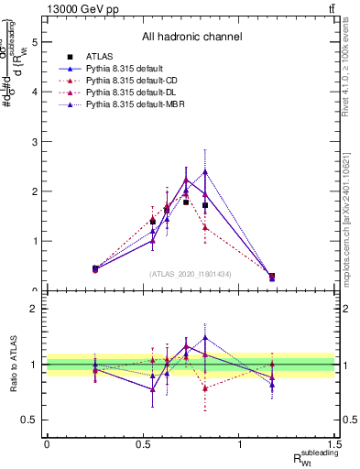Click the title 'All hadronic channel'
click(x=191, y=38)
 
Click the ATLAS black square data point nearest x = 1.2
click(x=271, y=276)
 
